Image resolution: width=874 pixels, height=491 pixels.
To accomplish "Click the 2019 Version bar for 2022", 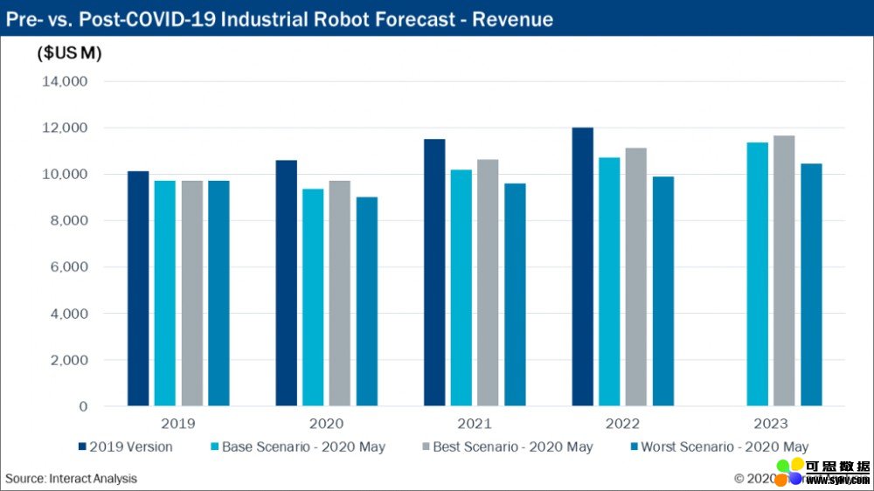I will pos(583,266).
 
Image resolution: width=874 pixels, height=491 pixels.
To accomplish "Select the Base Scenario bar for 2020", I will pos(313,297).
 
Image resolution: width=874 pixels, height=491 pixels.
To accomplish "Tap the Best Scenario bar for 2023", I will pos(784,271).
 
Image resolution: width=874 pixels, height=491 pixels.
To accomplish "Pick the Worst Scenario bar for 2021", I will pos(515,294).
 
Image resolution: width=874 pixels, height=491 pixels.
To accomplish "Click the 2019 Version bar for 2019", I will pos(138,288).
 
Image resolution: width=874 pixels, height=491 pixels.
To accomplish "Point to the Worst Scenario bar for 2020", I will pos(366,301).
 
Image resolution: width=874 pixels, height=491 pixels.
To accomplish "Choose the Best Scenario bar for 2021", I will pos(488,282).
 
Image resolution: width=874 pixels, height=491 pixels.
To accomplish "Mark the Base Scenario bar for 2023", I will pos(758,274).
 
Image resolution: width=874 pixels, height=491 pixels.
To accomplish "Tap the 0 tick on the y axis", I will pos(83,406).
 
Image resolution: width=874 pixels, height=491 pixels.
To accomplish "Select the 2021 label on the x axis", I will pos(474,424).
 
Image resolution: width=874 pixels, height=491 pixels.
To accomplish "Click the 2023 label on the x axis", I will pos(770,424).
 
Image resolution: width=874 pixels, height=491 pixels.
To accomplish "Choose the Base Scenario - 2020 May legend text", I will pos(303,447).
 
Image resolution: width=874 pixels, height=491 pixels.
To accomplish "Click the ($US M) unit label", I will pos(69,53).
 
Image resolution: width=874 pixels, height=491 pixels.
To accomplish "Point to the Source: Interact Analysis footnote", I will pos(72,479).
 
